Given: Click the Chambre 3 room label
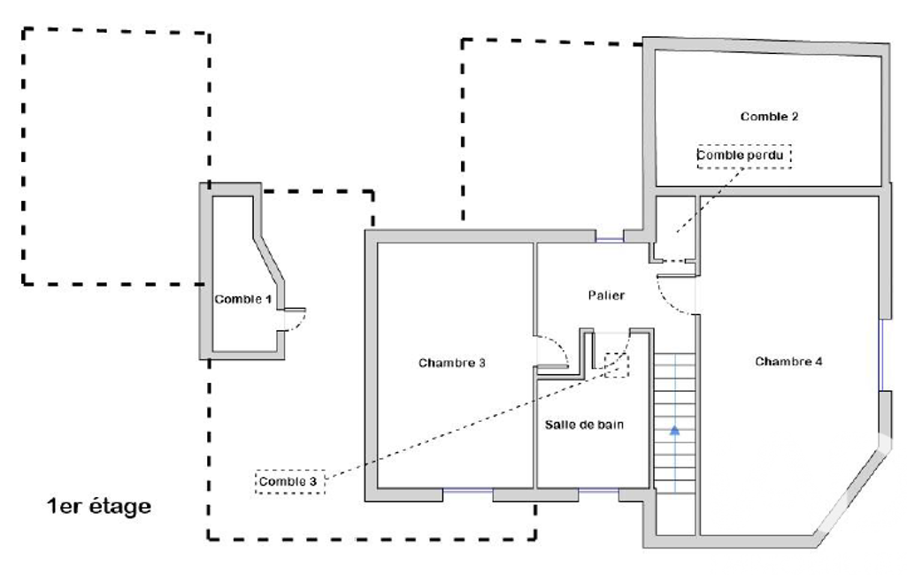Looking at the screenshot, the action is (452, 363).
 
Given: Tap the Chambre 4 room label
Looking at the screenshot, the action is (788, 362).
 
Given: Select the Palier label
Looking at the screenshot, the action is (606, 295).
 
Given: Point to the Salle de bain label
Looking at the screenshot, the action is (584, 425).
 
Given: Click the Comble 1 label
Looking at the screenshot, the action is (243, 299).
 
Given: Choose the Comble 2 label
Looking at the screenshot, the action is (769, 116).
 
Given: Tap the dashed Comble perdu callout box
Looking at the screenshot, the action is (744, 156).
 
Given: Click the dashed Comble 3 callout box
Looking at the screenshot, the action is (290, 481).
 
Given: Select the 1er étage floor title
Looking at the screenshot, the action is (99, 506).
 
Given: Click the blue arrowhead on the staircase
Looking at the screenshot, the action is (674, 430).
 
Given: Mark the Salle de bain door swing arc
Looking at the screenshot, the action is (619, 354).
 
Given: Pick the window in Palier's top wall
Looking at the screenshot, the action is (610, 237).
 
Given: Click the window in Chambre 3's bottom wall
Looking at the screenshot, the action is (468, 491).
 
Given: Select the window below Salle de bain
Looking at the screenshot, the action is (598, 491).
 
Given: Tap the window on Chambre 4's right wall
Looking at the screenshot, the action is (881, 355).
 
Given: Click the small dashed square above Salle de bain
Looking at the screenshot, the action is (617, 365).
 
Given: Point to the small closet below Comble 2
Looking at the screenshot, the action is (675, 228).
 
